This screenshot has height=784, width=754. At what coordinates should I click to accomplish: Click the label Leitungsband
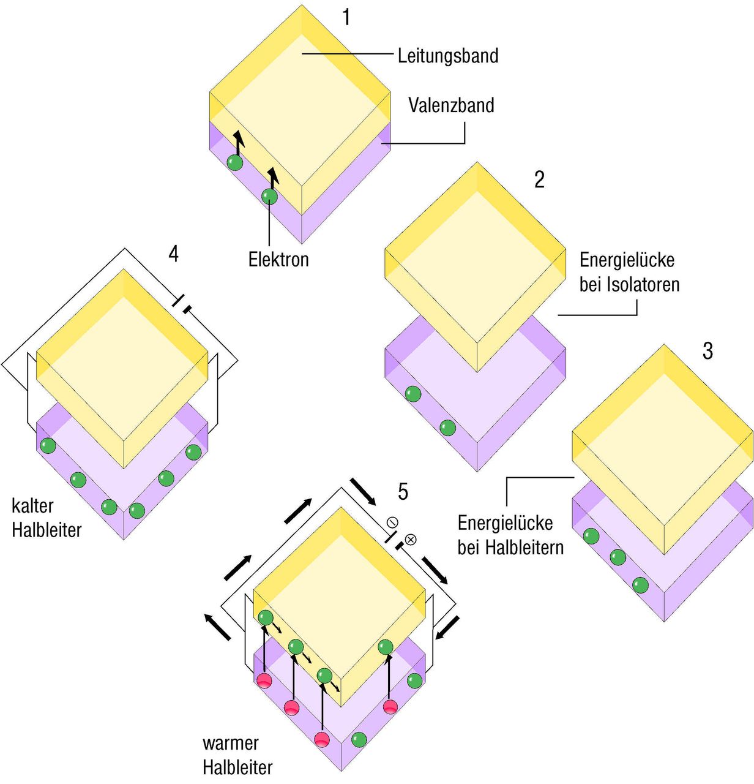pos(448,56)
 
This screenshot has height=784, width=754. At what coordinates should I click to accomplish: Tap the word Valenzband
pos(451,105)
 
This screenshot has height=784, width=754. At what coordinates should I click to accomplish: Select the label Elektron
pos(278,259)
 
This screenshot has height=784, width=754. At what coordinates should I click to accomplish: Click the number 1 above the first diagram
pos(346,18)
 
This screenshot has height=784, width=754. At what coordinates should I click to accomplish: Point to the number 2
pos(539,179)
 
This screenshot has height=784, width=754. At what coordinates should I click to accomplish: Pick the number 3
pos(707,351)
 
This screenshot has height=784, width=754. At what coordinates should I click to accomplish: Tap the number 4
pos(174,254)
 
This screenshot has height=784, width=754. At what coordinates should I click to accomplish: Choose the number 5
pos(403,491)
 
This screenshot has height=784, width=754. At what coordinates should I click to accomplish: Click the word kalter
pos(32,506)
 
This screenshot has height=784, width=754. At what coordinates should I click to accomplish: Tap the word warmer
pos(231,744)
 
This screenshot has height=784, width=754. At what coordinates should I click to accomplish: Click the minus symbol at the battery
pos(392,522)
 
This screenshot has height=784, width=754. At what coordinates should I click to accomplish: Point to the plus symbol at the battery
pos(411,540)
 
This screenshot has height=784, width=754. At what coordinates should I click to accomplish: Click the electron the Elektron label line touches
pos(269,196)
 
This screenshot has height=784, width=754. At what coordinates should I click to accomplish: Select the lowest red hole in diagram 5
pos(322,739)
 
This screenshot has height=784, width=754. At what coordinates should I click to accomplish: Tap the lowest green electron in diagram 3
pos(640,585)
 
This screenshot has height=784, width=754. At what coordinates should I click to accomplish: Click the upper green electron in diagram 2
pos(413,394)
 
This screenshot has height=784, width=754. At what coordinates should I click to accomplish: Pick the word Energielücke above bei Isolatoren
pos(627,260)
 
